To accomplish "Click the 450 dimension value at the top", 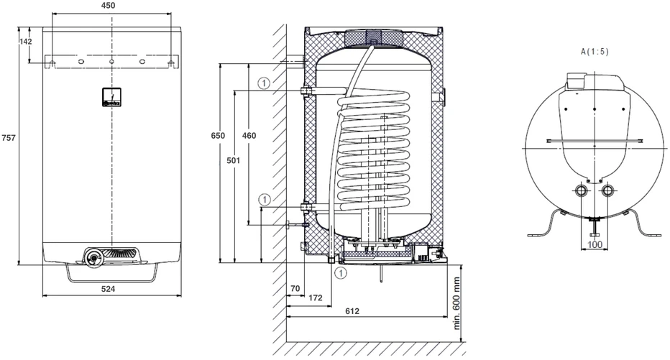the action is [x=109, y=6].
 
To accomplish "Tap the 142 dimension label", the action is [x=26, y=42].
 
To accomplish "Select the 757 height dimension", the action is [x=9, y=137].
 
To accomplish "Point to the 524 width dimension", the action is [x=108, y=289].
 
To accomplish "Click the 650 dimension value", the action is [x=218, y=136].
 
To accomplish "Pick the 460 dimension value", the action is [x=249, y=136].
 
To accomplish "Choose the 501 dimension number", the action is [x=234, y=160].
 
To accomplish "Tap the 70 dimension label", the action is [x=295, y=289].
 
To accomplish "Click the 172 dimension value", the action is [x=316, y=297].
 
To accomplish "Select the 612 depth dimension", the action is [x=352, y=311].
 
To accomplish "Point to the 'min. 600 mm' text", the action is [x=456, y=303].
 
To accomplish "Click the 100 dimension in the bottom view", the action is [x=595, y=245].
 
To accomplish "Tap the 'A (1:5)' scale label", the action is [x=595, y=52].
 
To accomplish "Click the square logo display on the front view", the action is [x=112, y=97].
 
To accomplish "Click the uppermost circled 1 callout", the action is [x=265, y=83].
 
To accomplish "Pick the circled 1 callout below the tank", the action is [x=341, y=272].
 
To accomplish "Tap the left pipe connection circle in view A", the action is [x=582, y=190].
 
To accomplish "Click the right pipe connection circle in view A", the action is [x=607, y=190].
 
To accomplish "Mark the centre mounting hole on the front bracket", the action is [x=111, y=62].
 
